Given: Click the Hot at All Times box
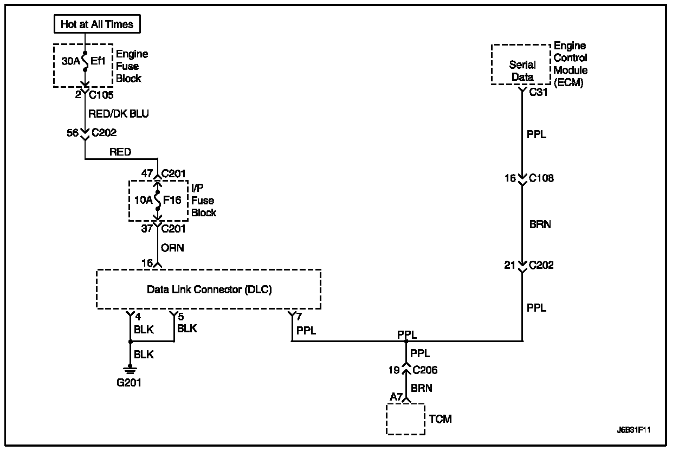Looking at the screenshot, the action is (97, 24).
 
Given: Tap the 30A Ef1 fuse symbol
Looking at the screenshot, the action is (85, 61).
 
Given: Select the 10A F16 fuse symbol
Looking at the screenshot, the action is (158, 201).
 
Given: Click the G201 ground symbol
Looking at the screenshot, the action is (130, 370).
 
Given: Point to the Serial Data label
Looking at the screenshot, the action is (522, 70).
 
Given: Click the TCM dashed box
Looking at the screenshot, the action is (405, 419).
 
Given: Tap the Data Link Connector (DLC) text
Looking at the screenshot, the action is (209, 289).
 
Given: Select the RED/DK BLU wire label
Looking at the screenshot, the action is (118, 114).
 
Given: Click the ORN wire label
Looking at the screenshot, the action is (172, 248).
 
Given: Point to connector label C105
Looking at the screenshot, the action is (101, 95).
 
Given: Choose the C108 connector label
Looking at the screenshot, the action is (541, 178).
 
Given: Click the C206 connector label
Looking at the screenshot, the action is (425, 370).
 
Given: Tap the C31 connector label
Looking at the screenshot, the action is (538, 92).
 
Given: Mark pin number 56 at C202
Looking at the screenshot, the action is (73, 133).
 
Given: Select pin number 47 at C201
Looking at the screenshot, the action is (147, 173).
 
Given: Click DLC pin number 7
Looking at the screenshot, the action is (299, 316).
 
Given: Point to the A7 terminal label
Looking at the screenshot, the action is (396, 397).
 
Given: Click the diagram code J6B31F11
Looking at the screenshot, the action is (634, 430).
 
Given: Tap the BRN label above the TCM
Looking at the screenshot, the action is (422, 388).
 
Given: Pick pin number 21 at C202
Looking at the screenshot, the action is (510, 265).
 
